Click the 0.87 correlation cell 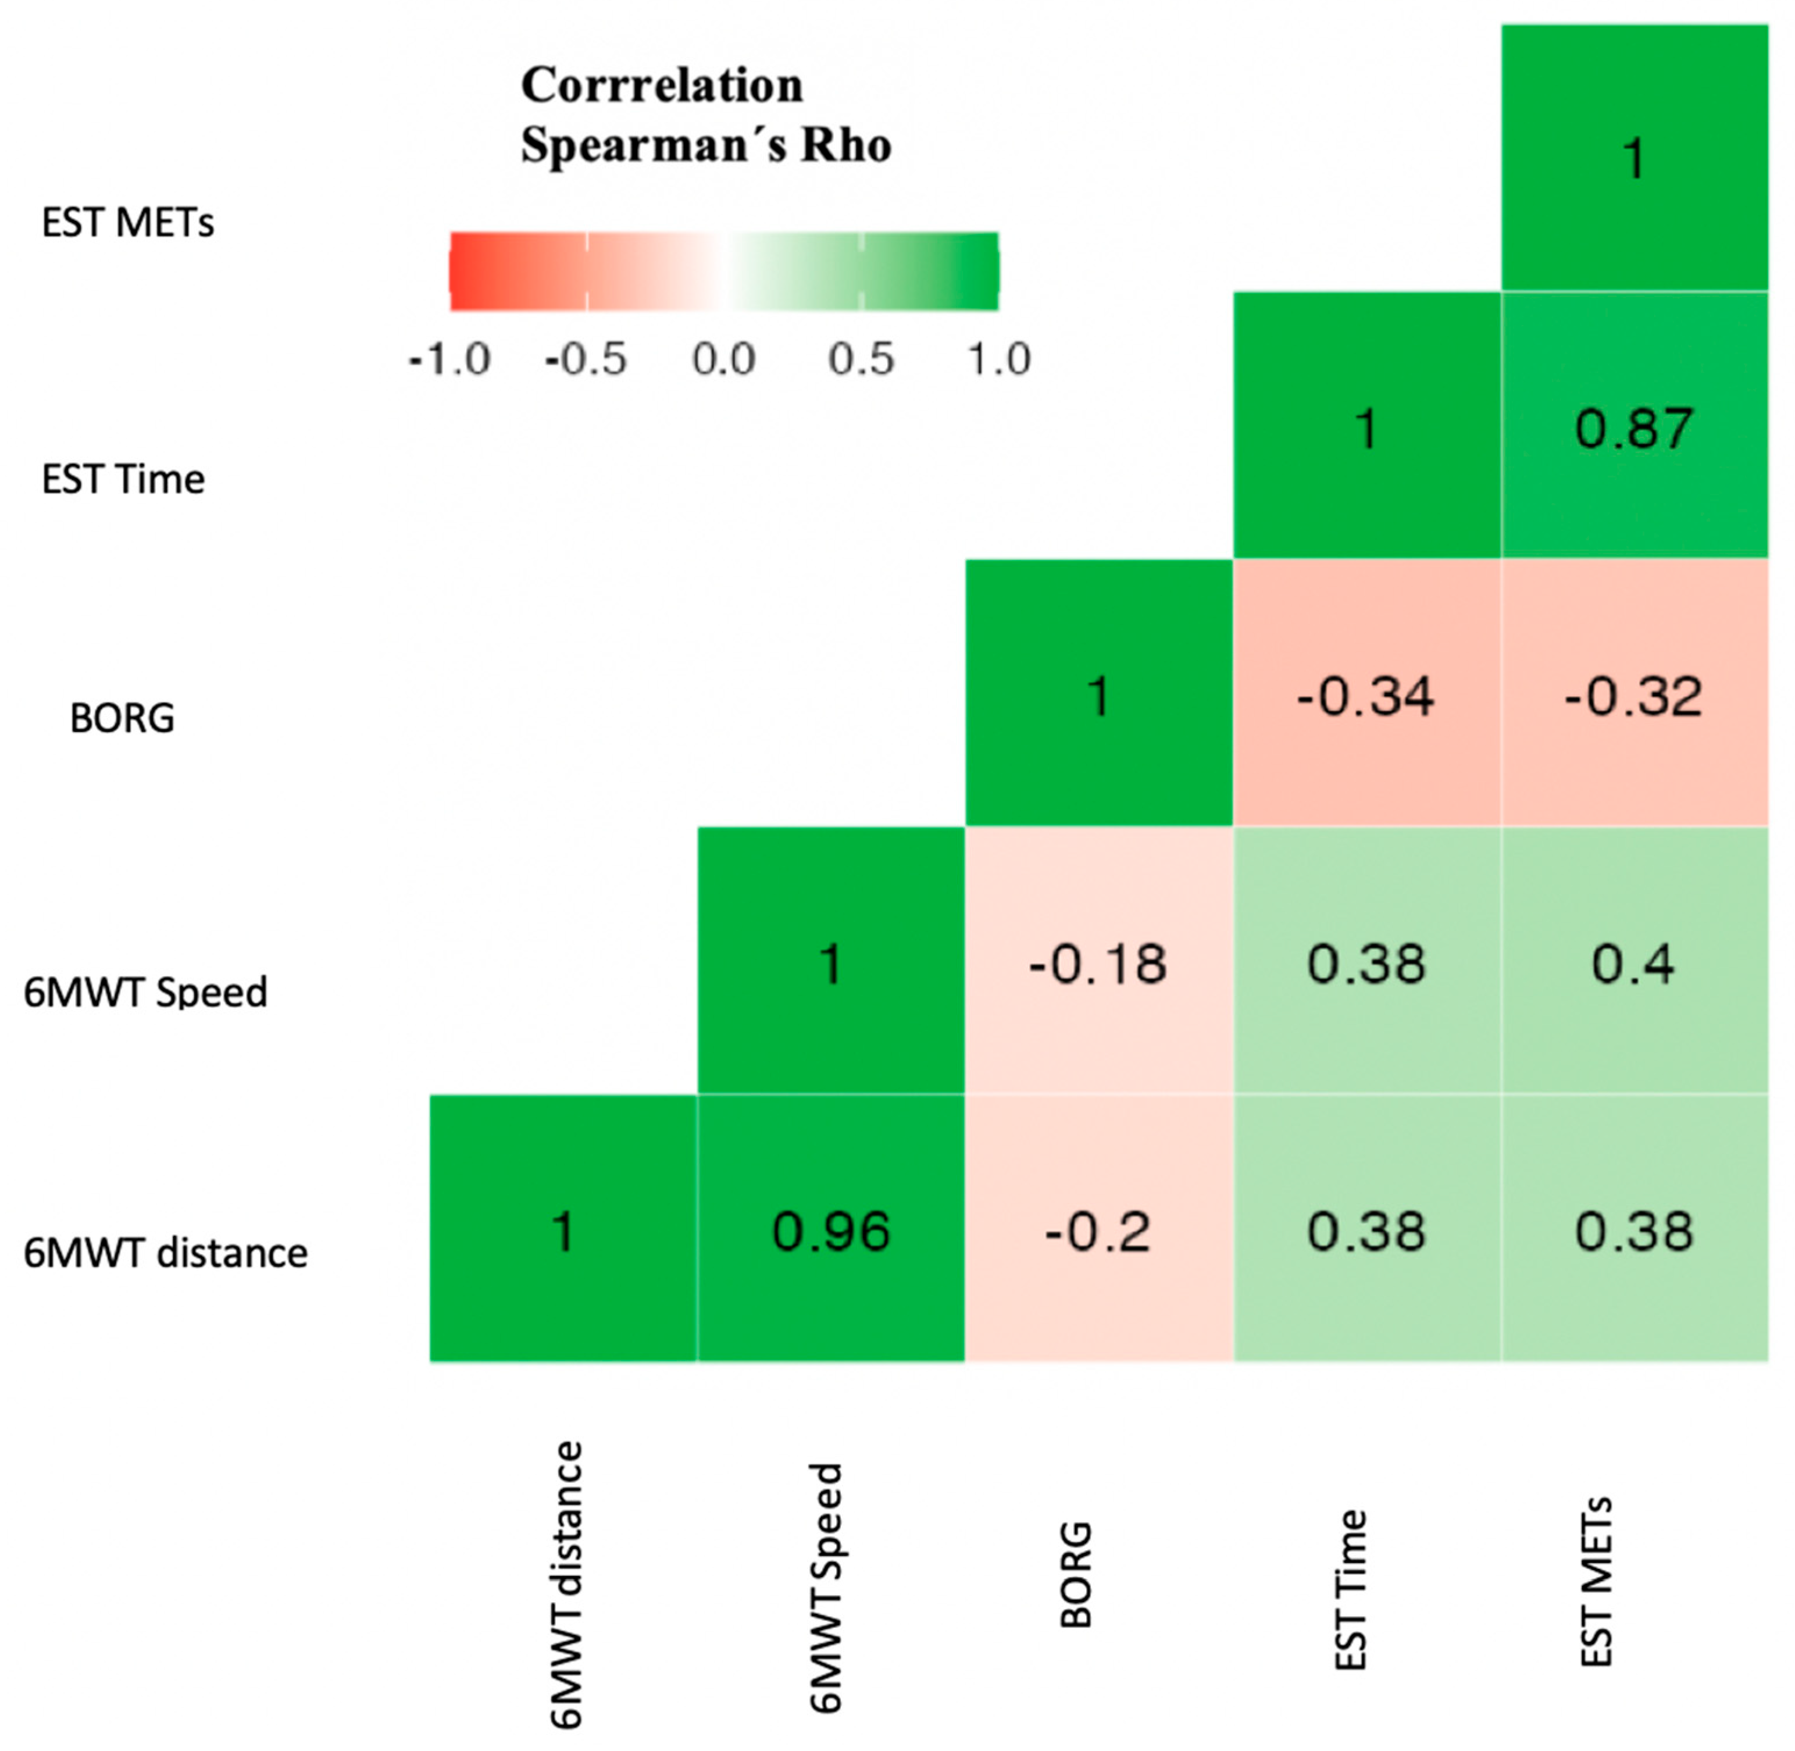tap(1634, 425)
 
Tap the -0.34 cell tap(1366, 693)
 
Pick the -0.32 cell tap(1634, 693)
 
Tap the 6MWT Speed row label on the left tap(145, 992)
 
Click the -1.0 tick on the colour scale tap(449, 359)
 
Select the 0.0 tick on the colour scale tap(724, 359)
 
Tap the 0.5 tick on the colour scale tap(861, 359)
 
